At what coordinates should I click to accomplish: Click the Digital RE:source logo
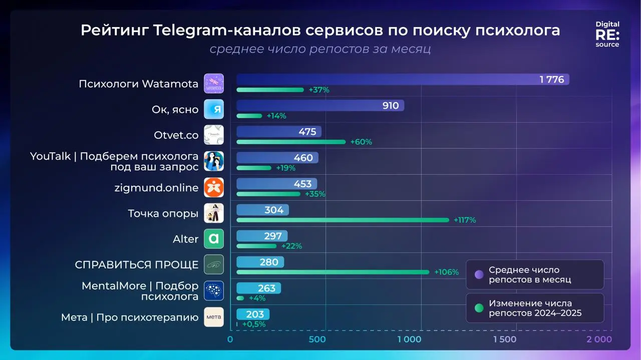(x=607, y=34)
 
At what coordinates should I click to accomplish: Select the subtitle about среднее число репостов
(x=320, y=49)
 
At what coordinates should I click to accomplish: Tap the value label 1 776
(x=551, y=80)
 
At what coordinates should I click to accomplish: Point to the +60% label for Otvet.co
(x=361, y=142)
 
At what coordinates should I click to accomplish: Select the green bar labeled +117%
(x=343, y=220)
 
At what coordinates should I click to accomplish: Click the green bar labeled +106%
(x=333, y=272)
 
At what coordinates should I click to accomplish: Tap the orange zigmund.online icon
(x=214, y=187)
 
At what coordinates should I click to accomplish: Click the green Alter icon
(x=214, y=239)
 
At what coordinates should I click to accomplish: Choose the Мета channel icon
(x=214, y=317)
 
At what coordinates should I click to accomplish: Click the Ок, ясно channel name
(x=175, y=109)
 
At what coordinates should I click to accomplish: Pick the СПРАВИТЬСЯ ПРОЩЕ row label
(x=137, y=265)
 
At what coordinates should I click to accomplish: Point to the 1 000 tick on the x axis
(x=409, y=339)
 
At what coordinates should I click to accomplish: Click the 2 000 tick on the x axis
(x=599, y=339)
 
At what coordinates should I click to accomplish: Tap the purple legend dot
(x=479, y=274)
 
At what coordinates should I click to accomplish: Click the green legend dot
(x=479, y=308)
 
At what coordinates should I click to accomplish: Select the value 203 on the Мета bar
(x=255, y=314)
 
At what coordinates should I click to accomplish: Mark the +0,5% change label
(x=253, y=324)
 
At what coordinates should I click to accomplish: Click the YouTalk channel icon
(x=214, y=161)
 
